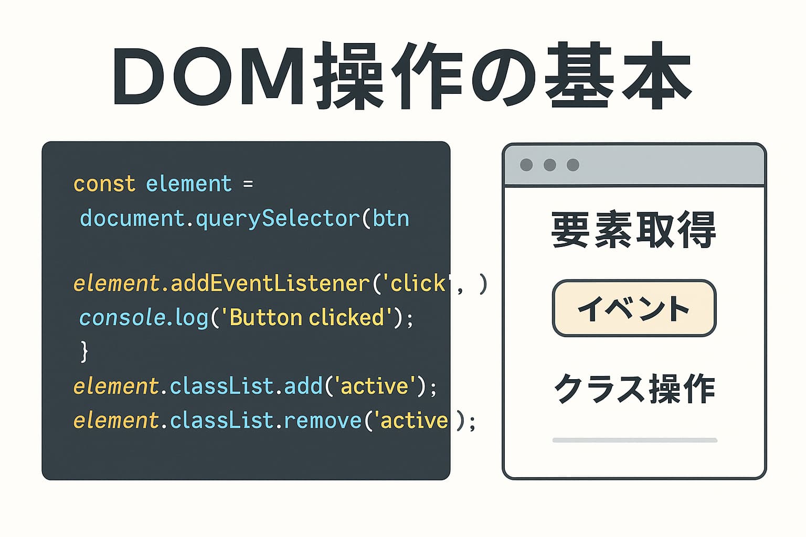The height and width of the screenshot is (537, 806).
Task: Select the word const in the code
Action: click(x=104, y=184)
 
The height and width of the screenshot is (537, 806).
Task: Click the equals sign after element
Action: click(x=248, y=184)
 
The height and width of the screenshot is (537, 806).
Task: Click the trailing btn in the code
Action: click(x=390, y=219)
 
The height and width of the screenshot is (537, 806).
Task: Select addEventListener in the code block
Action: click(x=270, y=284)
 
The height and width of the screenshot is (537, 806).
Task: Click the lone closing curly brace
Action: click(x=84, y=351)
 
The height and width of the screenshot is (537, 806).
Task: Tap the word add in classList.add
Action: click(x=303, y=386)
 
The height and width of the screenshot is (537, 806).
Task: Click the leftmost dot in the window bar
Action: click(x=526, y=165)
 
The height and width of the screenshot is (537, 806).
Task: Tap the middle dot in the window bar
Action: click(x=550, y=165)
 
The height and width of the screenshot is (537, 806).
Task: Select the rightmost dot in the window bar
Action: click(x=573, y=165)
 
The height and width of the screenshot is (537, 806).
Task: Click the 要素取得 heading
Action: click(x=634, y=230)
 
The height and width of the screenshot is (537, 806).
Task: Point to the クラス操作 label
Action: click(x=634, y=389)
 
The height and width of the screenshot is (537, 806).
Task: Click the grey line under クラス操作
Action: click(x=634, y=441)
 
